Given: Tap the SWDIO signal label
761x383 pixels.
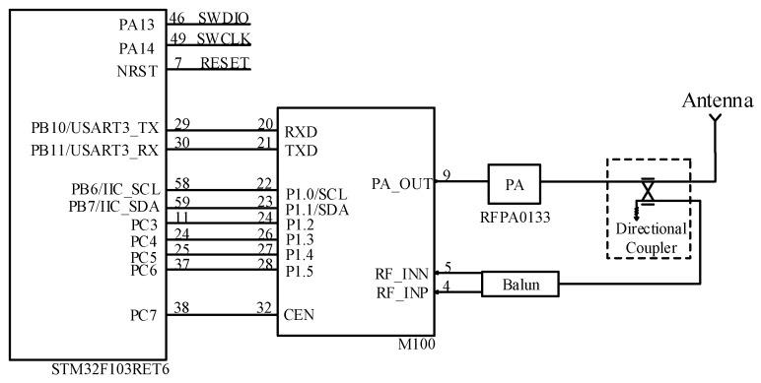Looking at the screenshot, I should click(x=224, y=19).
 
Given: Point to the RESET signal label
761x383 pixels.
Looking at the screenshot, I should click(x=226, y=63).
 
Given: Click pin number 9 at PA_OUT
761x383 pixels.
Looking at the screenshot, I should click(x=446, y=174).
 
